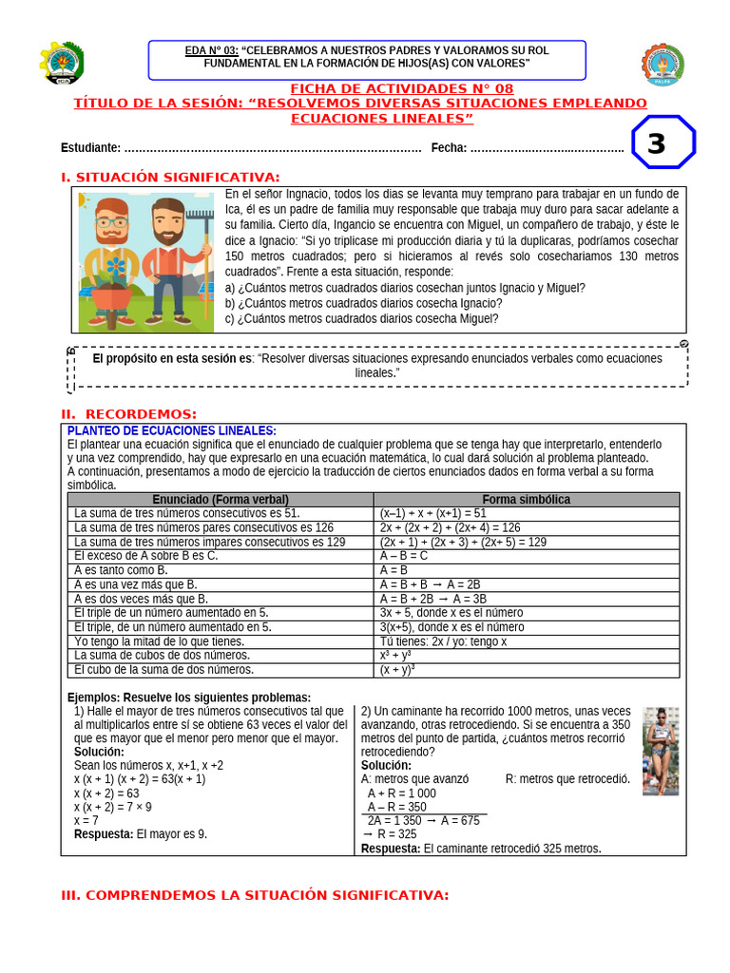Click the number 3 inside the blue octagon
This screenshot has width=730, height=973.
(656, 143)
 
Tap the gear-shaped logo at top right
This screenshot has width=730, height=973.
(663, 65)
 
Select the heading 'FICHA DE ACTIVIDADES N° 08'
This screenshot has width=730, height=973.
(360, 88)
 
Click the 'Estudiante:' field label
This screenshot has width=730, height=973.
(90, 147)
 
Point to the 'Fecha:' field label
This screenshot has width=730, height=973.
(449, 147)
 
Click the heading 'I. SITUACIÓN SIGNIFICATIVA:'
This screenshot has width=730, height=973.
(170, 178)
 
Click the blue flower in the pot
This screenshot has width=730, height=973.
(115, 265)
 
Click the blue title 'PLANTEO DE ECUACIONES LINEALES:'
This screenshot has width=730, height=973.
(172, 431)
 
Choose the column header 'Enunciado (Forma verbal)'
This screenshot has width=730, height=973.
(221, 500)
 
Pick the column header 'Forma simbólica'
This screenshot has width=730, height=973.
(526, 500)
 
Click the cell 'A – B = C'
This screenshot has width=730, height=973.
(404, 556)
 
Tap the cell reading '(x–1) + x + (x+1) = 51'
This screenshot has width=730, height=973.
(432, 513)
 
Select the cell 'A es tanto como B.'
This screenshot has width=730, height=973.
(121, 570)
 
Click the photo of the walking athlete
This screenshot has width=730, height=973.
(660, 751)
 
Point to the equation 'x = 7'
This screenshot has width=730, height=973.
(86, 820)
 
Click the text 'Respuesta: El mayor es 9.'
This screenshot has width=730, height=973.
(141, 834)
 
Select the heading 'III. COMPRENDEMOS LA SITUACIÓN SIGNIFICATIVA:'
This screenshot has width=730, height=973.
(255, 895)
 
